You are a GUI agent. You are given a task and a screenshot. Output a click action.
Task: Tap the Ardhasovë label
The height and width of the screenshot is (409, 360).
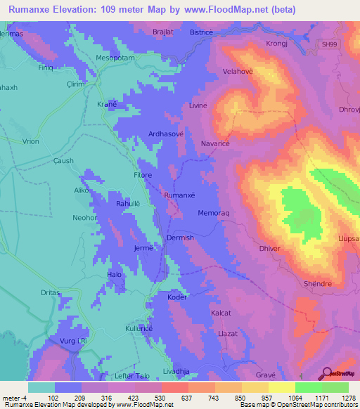(165, 134)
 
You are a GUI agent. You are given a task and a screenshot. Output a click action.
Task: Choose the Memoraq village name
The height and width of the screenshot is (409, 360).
(215, 213)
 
